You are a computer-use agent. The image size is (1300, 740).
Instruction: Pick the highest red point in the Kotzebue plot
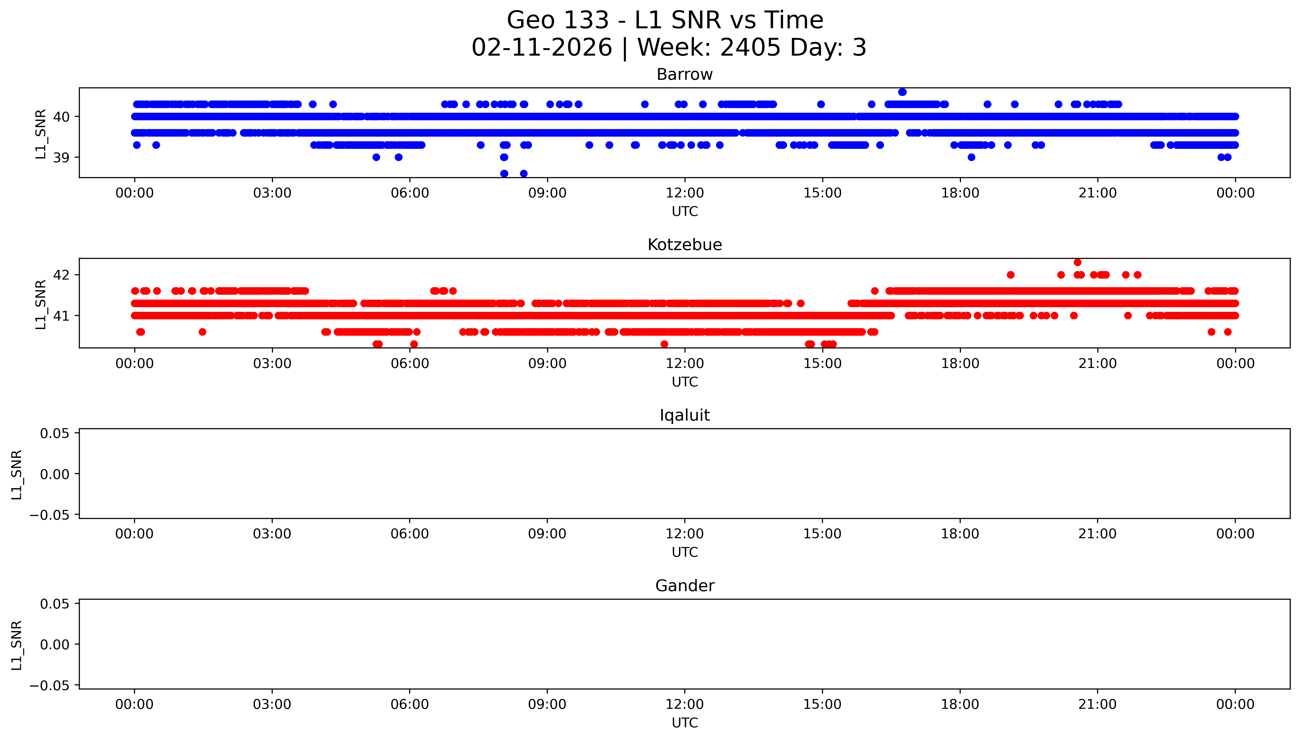coord(1077,262)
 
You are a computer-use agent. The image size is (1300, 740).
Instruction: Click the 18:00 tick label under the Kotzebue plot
coord(960,363)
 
